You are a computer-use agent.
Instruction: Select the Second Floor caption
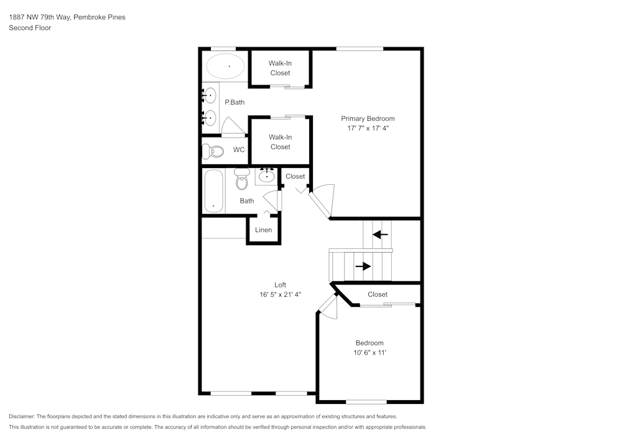30,28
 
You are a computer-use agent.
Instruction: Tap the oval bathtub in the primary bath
226,65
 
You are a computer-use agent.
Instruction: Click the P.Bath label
233,103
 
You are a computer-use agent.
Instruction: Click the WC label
239,150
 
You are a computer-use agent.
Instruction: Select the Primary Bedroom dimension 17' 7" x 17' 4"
368,128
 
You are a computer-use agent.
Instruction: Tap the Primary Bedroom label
368,118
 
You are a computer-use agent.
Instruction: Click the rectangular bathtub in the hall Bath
213,190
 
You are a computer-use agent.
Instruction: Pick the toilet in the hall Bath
241,180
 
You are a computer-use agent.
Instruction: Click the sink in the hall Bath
266,176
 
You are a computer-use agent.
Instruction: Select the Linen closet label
264,230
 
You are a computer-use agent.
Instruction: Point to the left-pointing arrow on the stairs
380,235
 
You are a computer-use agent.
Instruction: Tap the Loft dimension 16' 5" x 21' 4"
280,294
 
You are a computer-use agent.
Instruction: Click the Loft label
280,285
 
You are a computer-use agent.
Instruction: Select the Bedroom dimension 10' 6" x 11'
369,353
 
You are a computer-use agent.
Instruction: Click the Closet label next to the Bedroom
378,294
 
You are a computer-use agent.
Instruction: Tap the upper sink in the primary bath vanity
210,95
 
